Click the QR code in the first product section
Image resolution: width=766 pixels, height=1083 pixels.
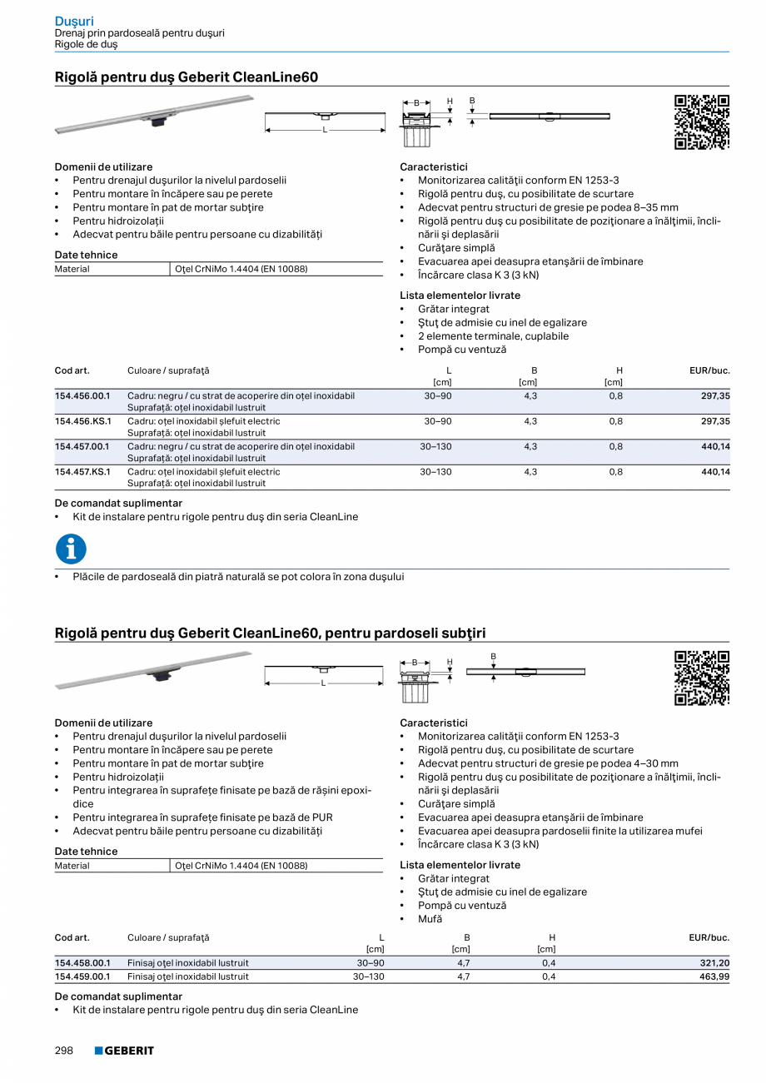(x=701, y=122)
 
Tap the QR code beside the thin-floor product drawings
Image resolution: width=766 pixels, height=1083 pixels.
(x=701, y=678)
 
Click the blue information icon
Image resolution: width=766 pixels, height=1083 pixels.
(x=71, y=549)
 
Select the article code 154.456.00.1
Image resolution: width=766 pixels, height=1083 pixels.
(x=82, y=396)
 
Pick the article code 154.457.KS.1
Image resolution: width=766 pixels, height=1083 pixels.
(x=82, y=472)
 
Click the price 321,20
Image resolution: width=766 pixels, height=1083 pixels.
(x=714, y=963)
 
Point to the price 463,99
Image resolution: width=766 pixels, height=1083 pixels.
(x=714, y=976)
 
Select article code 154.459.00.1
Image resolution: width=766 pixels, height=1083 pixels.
(x=82, y=976)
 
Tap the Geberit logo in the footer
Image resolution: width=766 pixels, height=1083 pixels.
(x=124, y=1051)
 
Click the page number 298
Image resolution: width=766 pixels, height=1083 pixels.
(x=64, y=1051)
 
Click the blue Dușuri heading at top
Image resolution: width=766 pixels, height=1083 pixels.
(x=74, y=20)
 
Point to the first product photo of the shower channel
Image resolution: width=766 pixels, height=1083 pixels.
(x=154, y=114)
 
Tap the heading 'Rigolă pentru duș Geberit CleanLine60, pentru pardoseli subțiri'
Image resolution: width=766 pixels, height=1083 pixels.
(x=270, y=633)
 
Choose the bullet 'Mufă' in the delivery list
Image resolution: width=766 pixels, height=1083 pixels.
(x=430, y=919)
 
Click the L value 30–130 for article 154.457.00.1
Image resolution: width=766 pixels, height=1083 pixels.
(x=436, y=447)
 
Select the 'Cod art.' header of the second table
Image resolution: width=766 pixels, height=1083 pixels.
(x=72, y=937)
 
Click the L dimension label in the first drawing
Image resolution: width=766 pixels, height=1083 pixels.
(x=325, y=130)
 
